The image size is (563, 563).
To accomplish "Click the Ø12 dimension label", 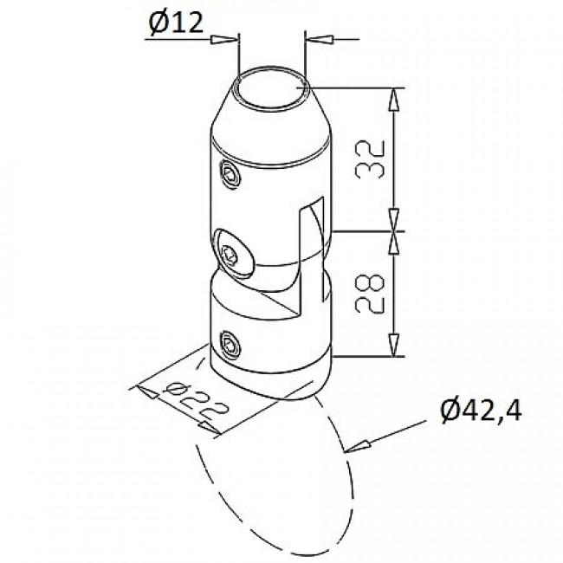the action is (x=176, y=23).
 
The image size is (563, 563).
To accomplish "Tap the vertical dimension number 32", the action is (x=370, y=159).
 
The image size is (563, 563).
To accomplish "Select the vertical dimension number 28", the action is (x=370, y=294).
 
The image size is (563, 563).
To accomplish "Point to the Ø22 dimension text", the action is (x=196, y=401).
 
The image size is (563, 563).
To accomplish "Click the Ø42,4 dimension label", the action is (x=481, y=411).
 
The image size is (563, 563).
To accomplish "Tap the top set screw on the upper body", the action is (x=230, y=174).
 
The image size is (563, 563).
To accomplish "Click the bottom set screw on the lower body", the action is (x=230, y=345).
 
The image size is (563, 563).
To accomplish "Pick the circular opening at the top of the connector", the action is (x=271, y=87).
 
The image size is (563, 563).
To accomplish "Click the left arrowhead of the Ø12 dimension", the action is (x=224, y=40).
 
